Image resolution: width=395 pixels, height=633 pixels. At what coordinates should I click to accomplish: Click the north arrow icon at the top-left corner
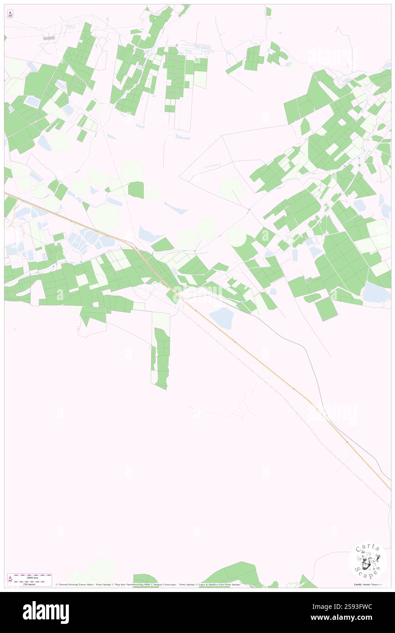tap(10, 14)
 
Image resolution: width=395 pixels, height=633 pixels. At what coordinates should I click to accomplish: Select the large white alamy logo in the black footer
tap(46, 612)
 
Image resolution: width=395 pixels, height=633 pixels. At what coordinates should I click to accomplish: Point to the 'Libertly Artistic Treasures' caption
tap(369, 584)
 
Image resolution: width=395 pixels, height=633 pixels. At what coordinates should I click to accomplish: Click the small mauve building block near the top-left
tap(49, 38)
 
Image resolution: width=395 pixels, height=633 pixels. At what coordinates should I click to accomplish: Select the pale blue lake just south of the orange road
tap(222, 317)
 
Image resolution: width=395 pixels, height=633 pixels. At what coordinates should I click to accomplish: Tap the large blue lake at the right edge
tap(377, 292)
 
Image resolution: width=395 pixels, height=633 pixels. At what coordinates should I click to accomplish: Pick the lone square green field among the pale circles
tap(136, 190)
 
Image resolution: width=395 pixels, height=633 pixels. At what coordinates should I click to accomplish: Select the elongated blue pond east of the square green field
tap(176, 208)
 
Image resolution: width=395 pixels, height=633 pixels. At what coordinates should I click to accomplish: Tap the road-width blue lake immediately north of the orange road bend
tap(149, 234)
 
